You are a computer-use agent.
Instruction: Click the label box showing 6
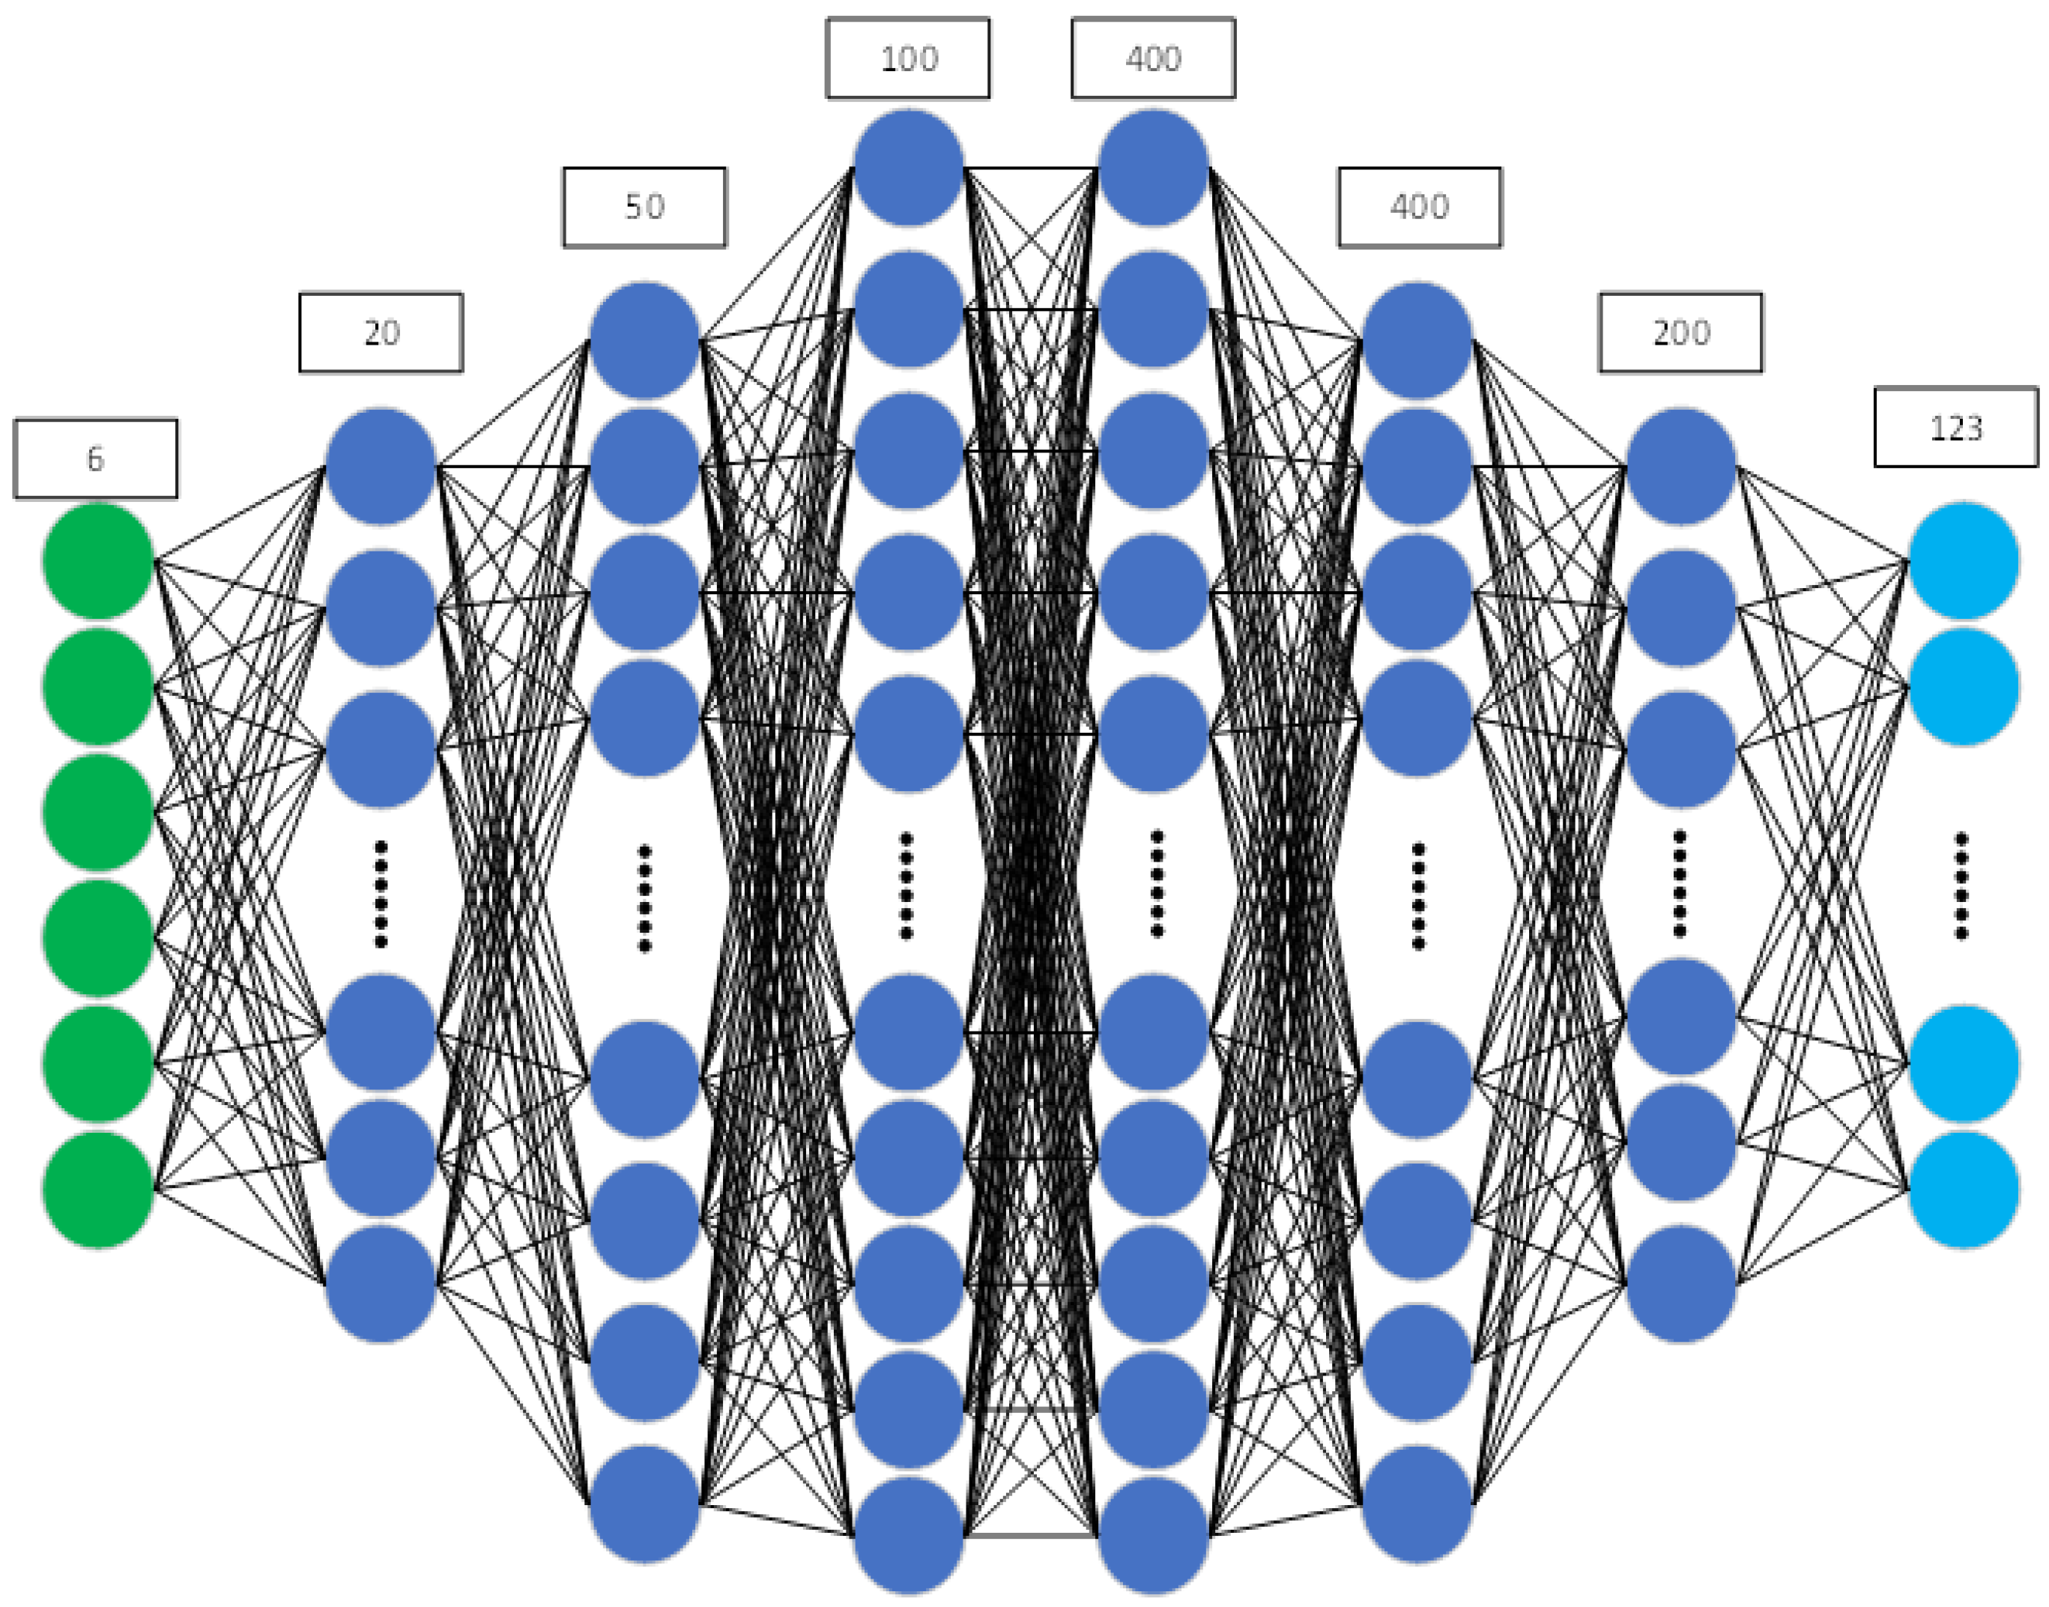click(x=95, y=459)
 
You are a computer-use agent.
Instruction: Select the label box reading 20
click(x=381, y=332)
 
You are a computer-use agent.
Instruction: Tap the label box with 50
click(x=644, y=207)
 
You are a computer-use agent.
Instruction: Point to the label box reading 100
click(x=908, y=58)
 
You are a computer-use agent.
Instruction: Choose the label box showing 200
click(x=1680, y=332)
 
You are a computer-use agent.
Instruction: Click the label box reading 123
click(x=1956, y=427)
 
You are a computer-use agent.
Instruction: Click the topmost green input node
click(x=98, y=560)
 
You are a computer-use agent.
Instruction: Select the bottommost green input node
click(x=98, y=1189)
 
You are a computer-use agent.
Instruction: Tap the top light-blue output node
click(x=1964, y=560)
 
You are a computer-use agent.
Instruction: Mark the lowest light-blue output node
click(x=1964, y=1189)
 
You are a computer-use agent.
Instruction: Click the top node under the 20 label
click(x=381, y=466)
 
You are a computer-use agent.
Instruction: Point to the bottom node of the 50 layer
click(x=644, y=1504)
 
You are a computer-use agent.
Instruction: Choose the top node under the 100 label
click(x=908, y=168)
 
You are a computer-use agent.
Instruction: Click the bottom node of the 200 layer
click(x=1680, y=1283)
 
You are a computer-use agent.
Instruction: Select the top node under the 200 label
click(x=1680, y=466)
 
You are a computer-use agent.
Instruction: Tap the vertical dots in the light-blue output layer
click(x=1961, y=886)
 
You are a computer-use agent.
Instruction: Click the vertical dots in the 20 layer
click(x=381, y=894)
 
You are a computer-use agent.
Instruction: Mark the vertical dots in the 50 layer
click(x=644, y=898)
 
